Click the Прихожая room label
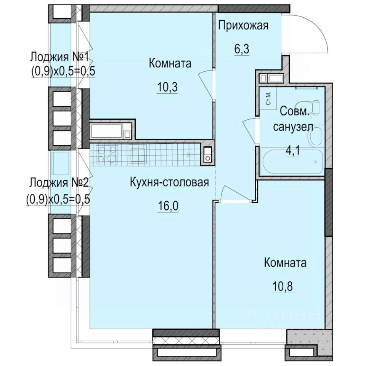(x=243, y=26)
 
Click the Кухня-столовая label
(x=169, y=182)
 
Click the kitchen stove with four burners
(x=107, y=154)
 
